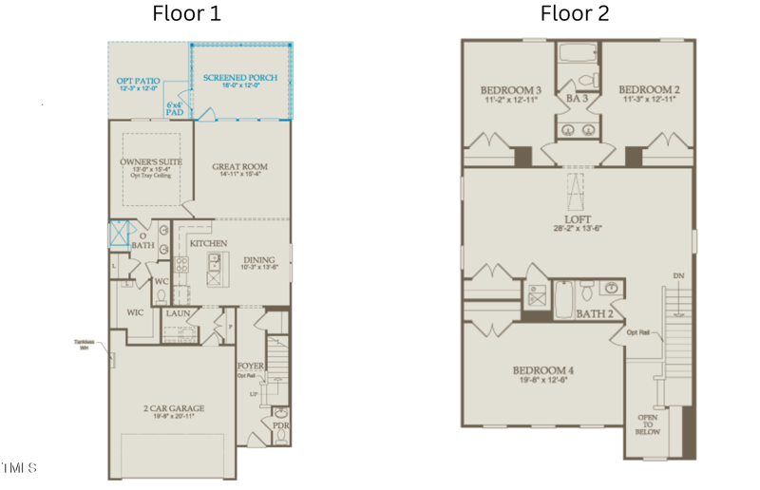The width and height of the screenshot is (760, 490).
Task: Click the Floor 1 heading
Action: (x=186, y=13)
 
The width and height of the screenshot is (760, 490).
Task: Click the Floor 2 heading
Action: (x=575, y=13)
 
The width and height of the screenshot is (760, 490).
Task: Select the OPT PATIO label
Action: (x=138, y=82)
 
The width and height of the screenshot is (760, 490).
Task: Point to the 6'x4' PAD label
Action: (x=175, y=108)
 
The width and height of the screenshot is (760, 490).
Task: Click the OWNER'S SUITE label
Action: (x=151, y=162)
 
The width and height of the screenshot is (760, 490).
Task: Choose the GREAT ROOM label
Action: (x=239, y=167)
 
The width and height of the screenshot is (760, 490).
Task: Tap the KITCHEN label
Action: (x=208, y=243)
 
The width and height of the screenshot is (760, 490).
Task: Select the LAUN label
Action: (x=178, y=312)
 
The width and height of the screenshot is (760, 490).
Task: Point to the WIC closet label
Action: (x=136, y=311)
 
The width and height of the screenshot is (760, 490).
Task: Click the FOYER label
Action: (x=250, y=365)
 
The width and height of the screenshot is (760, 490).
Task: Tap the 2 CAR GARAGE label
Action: (x=174, y=408)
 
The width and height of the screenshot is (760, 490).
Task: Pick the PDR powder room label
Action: (x=281, y=426)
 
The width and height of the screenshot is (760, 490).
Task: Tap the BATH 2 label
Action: (x=596, y=312)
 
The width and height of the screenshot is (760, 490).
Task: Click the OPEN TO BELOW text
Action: (x=647, y=424)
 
